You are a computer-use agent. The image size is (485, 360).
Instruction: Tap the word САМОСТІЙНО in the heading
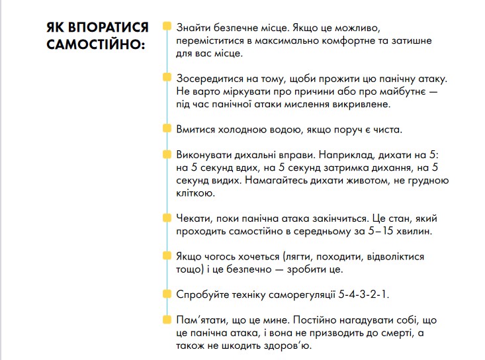pos(93,46)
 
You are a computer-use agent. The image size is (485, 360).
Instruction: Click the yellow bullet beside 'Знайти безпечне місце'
pos(166,26)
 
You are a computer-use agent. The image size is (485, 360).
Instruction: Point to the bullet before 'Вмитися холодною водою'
pos(166,128)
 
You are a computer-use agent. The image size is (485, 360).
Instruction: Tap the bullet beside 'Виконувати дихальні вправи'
pos(166,154)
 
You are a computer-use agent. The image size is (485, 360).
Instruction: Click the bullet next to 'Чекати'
pos(166,216)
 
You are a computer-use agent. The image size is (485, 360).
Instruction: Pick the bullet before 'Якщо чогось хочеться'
pos(166,254)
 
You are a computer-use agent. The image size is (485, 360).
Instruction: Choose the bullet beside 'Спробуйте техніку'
pos(166,292)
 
